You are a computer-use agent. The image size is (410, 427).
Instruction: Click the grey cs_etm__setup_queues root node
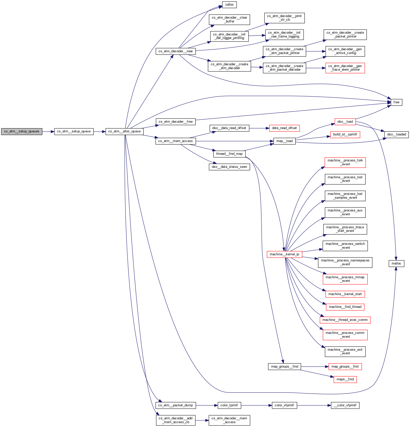click(22, 132)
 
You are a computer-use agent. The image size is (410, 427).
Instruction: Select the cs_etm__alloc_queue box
click(124, 132)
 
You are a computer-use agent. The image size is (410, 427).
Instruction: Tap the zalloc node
click(229, 5)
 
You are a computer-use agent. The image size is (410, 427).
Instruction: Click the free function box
click(396, 102)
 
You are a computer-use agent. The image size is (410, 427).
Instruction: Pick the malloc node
click(396, 263)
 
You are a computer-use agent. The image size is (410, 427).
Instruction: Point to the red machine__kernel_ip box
click(284, 254)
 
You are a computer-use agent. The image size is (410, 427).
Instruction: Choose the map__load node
click(284, 141)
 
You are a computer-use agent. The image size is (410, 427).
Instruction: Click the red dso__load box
click(345, 122)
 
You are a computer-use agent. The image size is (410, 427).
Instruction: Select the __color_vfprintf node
click(345, 405)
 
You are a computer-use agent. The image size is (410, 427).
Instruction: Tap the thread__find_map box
click(229, 154)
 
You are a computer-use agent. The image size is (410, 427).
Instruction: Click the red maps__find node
click(345, 379)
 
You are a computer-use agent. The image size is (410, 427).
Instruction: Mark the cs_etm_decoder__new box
click(176, 51)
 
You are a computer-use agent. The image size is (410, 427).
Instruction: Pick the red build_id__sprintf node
click(345, 134)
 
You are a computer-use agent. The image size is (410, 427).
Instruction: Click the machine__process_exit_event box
click(345, 351)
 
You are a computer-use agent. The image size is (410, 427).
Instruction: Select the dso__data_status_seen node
click(229, 167)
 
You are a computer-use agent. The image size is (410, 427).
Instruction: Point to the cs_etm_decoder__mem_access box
click(229, 420)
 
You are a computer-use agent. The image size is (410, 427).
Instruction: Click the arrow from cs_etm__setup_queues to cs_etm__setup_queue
click(48, 132)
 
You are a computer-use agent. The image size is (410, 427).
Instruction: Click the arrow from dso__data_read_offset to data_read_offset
click(259, 128)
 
